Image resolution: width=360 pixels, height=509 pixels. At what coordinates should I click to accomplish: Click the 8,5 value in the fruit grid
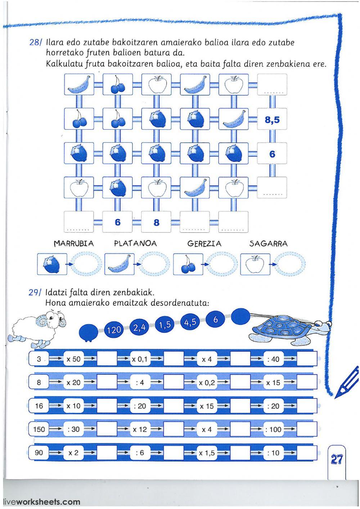272,120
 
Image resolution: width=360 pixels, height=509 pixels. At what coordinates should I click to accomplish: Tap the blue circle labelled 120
114,330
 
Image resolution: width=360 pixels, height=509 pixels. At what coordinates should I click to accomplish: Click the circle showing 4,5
190,322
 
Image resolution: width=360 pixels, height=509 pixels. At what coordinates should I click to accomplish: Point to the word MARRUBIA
74,244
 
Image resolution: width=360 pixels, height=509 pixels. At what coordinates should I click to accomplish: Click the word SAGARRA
269,244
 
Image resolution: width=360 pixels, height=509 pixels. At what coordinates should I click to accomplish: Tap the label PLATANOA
135,244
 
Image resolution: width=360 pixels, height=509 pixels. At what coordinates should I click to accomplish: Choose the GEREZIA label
204,244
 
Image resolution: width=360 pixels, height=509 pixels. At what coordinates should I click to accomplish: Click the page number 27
337,459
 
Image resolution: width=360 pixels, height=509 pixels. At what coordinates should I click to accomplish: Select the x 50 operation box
74,359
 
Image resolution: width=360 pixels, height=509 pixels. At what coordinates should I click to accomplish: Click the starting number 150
39,429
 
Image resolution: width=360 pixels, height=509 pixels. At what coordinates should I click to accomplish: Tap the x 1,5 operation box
207,453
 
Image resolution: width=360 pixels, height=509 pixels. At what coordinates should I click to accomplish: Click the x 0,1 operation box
140,359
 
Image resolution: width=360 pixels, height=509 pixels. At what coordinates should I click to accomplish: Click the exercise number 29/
35,293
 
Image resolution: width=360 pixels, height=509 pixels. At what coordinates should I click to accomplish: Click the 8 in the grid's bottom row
156,223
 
